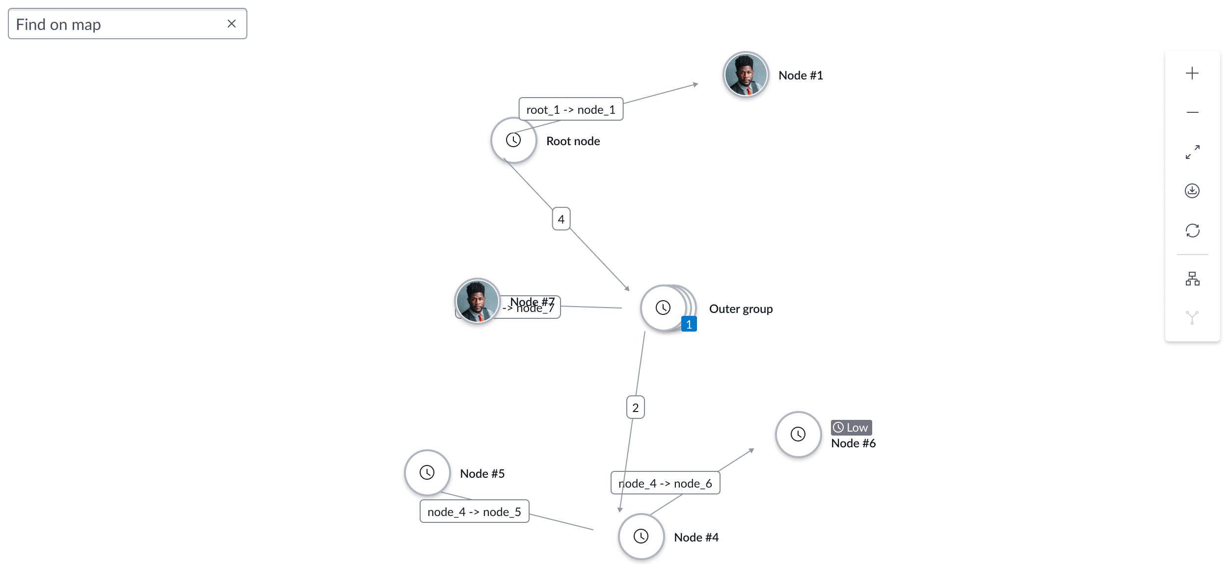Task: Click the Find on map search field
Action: (x=118, y=24)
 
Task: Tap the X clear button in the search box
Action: (x=232, y=24)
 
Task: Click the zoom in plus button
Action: (x=1192, y=74)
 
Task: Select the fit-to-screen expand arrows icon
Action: (x=1192, y=152)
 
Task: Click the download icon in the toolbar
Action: (x=1192, y=191)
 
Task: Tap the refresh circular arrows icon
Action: (x=1192, y=231)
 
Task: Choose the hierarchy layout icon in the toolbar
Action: (x=1192, y=279)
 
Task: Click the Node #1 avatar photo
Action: (x=746, y=75)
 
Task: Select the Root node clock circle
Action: (x=513, y=140)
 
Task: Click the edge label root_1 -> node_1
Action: (x=571, y=109)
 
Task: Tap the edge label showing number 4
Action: (x=561, y=219)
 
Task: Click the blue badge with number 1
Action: (x=689, y=324)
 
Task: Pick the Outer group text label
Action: (x=741, y=309)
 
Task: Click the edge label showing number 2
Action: (x=635, y=408)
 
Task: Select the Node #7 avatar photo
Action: (x=477, y=301)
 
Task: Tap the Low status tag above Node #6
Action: (x=851, y=428)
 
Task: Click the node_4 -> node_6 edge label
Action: (x=665, y=483)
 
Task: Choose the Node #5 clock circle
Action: (x=427, y=473)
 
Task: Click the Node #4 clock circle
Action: (x=641, y=537)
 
